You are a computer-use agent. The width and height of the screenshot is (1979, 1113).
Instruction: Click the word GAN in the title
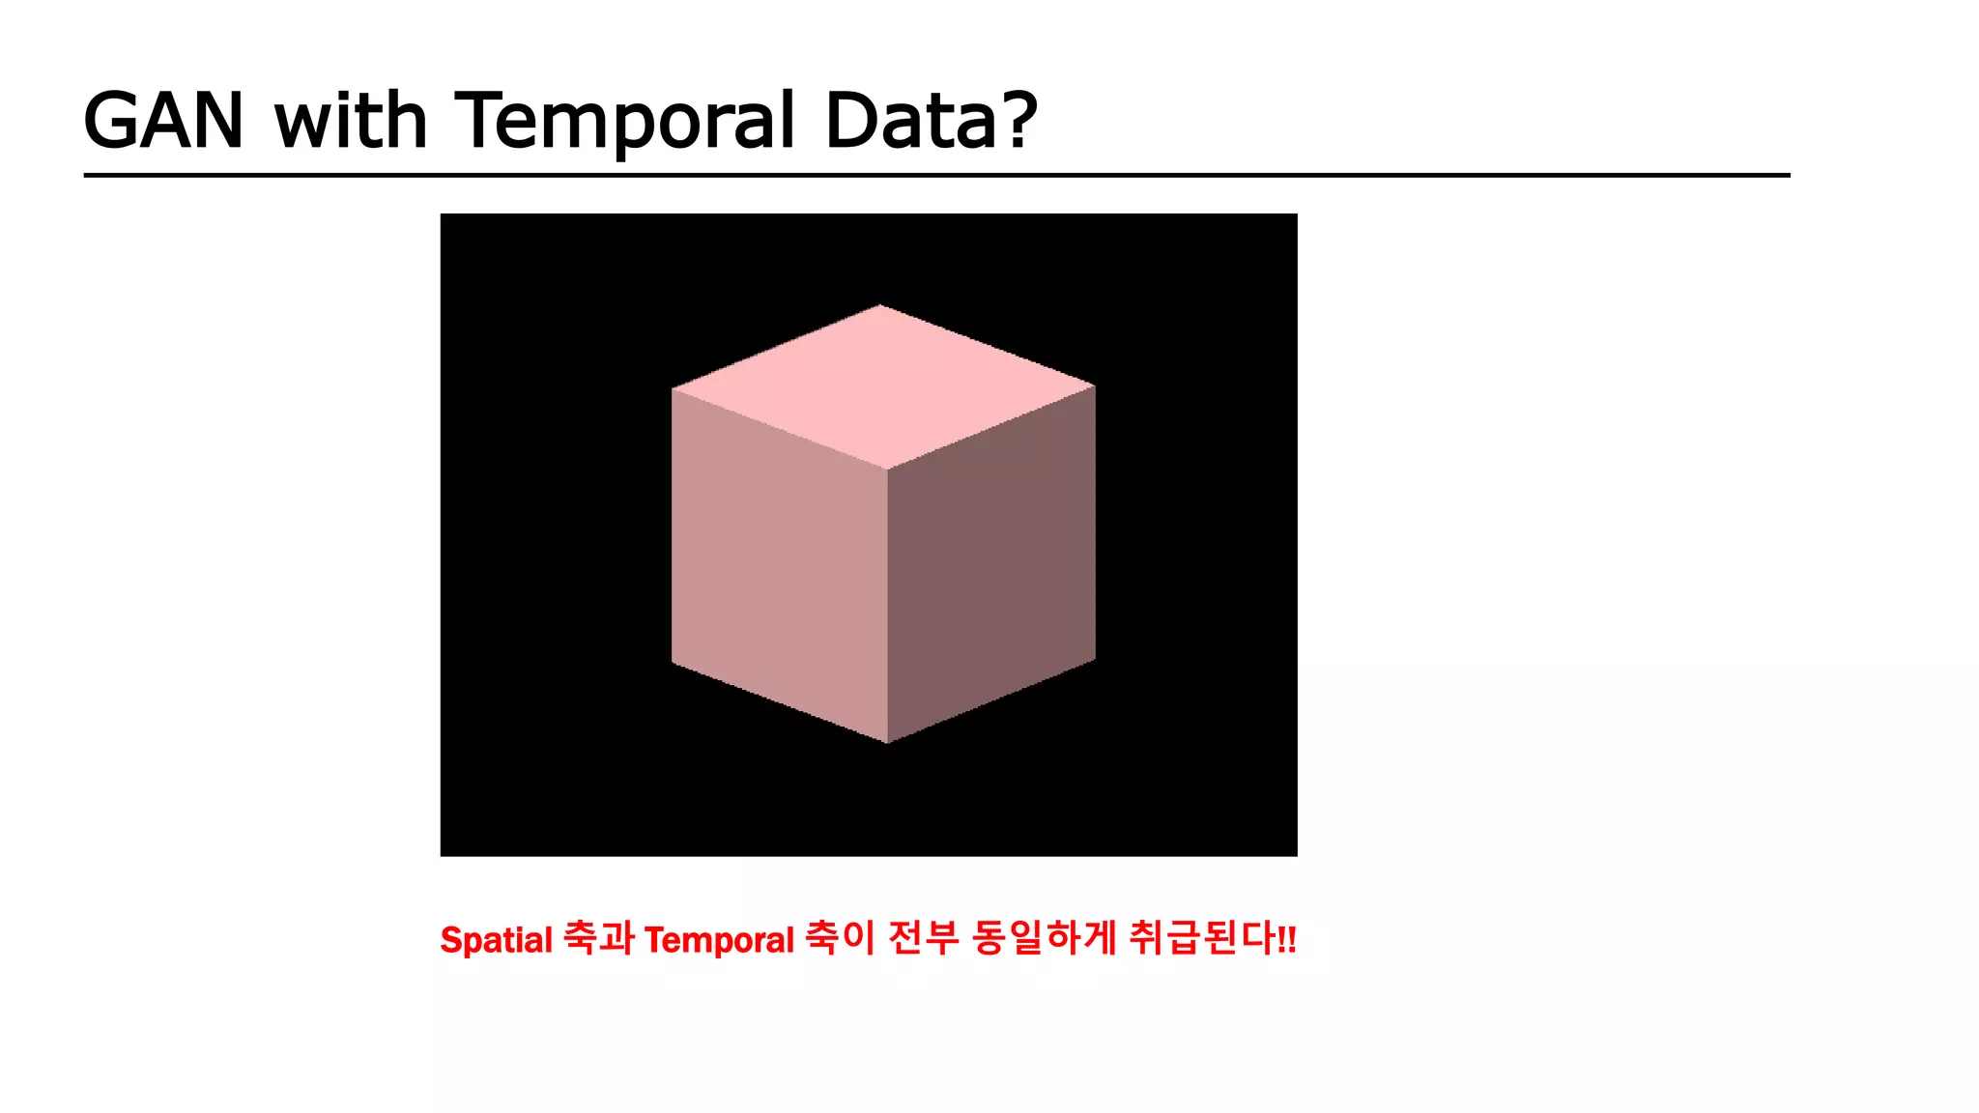(x=163, y=121)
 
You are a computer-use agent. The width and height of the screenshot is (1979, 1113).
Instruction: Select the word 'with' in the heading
(x=350, y=121)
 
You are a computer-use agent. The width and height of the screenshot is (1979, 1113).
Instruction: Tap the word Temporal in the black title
(x=624, y=121)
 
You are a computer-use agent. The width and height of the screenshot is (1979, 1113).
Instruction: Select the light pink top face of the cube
(x=882, y=386)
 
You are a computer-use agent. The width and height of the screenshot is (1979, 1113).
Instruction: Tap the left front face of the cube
(x=779, y=565)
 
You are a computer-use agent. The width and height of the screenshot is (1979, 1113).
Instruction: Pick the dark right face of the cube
(x=991, y=565)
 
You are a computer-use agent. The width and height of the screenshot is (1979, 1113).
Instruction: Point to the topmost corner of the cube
(x=880, y=306)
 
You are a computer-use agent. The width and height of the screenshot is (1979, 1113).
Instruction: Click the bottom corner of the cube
(x=887, y=742)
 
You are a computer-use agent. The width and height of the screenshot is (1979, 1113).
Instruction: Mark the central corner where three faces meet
(x=887, y=470)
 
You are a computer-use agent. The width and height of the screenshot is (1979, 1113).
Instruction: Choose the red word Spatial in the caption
(x=496, y=940)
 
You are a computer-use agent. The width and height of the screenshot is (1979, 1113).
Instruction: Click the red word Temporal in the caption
(x=719, y=940)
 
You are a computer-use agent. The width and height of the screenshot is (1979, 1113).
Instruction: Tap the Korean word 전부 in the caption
(x=923, y=937)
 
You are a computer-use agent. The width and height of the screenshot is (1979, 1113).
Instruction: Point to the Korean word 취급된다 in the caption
(x=1201, y=937)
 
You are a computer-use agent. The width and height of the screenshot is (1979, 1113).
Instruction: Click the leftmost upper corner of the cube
(x=673, y=389)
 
